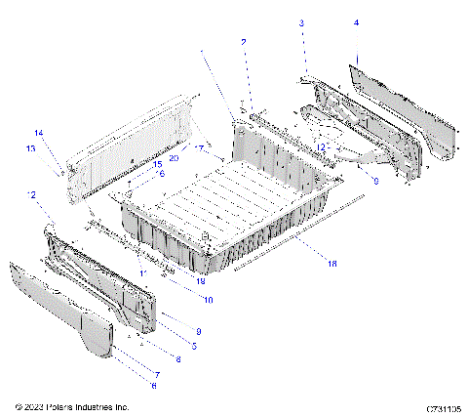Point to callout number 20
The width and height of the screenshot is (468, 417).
[174, 157]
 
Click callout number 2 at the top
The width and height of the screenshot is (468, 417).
[244, 42]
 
